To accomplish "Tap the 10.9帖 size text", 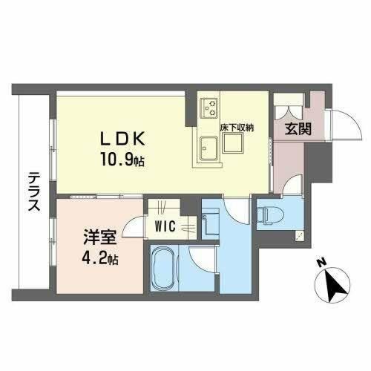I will tap(118, 158).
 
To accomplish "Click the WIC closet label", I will tap(165, 226).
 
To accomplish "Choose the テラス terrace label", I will tap(34, 194).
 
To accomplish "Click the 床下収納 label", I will tap(237, 128).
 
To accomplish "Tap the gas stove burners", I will tap(207, 108).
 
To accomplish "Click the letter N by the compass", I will tap(320, 263).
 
